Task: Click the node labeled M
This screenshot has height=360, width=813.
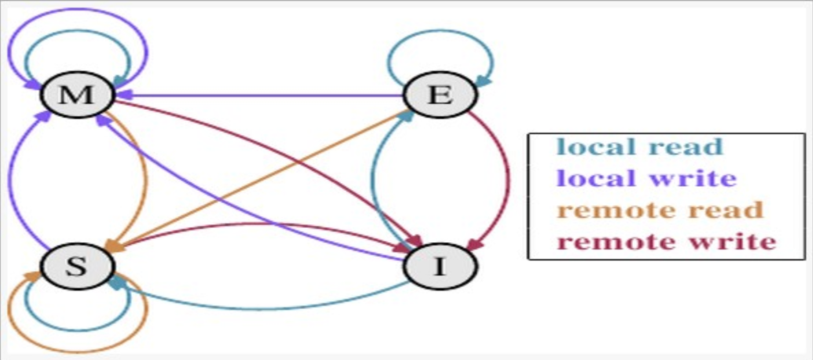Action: [77, 94]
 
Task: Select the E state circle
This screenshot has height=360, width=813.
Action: [440, 94]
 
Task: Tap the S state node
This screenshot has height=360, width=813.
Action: [77, 266]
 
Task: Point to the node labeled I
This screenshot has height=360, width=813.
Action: [440, 266]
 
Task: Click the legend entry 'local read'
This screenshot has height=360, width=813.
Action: [640, 147]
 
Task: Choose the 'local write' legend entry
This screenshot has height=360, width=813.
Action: [646, 178]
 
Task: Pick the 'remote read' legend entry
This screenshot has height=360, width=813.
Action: [660, 210]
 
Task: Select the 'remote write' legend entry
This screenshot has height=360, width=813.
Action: [666, 241]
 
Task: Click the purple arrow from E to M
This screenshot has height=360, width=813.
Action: [260, 95]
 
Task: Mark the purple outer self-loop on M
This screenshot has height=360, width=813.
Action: [78, 10]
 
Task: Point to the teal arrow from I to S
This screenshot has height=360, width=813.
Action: [260, 307]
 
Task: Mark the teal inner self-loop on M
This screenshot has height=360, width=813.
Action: [78, 31]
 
